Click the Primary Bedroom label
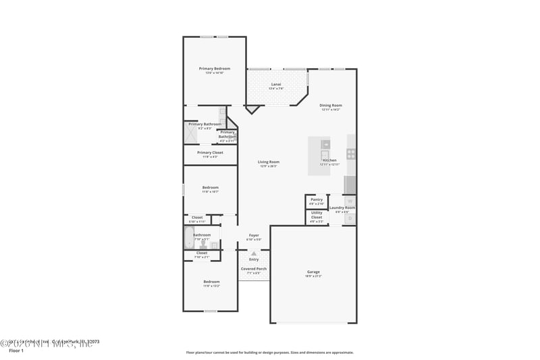pos(214,69)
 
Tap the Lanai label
pos(275,84)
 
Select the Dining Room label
pos(331,105)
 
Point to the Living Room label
pos(269,162)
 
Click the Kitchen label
pos(329,161)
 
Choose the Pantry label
pos(317,200)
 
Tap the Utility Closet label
pos(317,215)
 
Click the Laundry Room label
pos(342,208)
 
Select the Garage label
pos(313,272)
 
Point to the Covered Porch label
pos(254,269)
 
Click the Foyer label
pos(254,236)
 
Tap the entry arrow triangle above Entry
pos(254,253)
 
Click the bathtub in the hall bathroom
pos(188,237)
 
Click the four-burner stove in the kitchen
pos(352,153)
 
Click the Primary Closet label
pos(210,153)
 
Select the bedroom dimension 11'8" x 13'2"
pos(211,286)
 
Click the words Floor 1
pos(16,351)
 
